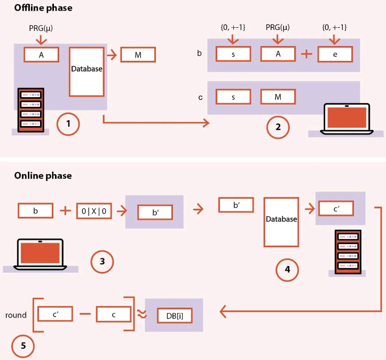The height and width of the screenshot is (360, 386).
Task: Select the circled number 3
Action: (102, 261)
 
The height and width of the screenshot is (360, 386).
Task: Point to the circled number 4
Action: (287, 270)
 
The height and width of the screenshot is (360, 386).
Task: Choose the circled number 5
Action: (22, 346)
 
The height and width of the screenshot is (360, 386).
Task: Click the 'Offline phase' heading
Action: (43, 9)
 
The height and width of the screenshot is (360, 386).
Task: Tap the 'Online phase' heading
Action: (43, 175)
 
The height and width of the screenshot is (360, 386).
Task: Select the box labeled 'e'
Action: (335, 54)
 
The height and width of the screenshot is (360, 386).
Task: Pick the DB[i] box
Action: (175, 315)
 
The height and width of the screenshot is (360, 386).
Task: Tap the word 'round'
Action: (16, 315)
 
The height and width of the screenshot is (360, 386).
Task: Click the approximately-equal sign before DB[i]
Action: (141, 315)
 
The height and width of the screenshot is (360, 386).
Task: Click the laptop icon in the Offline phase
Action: (346, 118)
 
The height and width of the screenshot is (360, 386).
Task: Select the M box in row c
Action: (278, 97)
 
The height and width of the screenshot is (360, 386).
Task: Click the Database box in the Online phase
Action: (281, 219)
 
